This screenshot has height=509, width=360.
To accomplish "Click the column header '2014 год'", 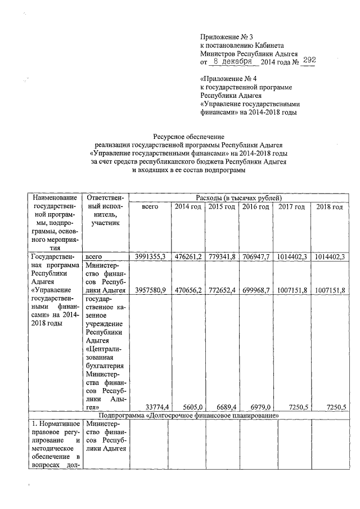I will point(188,207).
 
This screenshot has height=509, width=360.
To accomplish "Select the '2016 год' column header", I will point(256,207).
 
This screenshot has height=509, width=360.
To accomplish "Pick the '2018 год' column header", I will point(329,207).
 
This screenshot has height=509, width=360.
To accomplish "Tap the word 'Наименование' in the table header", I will point(55,198).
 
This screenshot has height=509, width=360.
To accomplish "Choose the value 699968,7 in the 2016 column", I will point(256,290).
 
